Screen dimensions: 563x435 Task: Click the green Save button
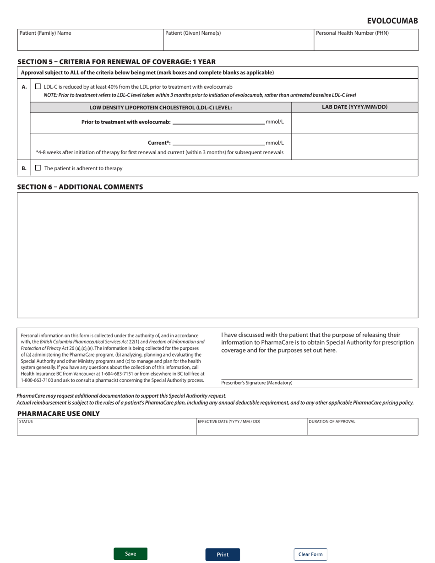(x=130, y=554)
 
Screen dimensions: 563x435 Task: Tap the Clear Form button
(x=310, y=554)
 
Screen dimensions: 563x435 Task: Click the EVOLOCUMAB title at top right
(x=392, y=21)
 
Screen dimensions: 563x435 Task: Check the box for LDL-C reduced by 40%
(x=38, y=86)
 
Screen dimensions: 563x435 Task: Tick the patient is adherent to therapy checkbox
(x=38, y=168)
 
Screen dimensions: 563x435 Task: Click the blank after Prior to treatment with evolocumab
(x=218, y=122)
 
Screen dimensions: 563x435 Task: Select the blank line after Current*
(x=218, y=142)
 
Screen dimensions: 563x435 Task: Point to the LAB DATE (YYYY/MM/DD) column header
(x=355, y=107)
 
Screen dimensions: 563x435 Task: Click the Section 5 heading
(x=116, y=62)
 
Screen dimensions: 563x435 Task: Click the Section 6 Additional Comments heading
(x=80, y=187)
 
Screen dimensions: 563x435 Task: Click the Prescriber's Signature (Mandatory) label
(x=256, y=383)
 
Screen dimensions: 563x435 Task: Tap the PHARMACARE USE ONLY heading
(x=58, y=413)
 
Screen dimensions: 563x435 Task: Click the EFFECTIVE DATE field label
(x=229, y=422)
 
